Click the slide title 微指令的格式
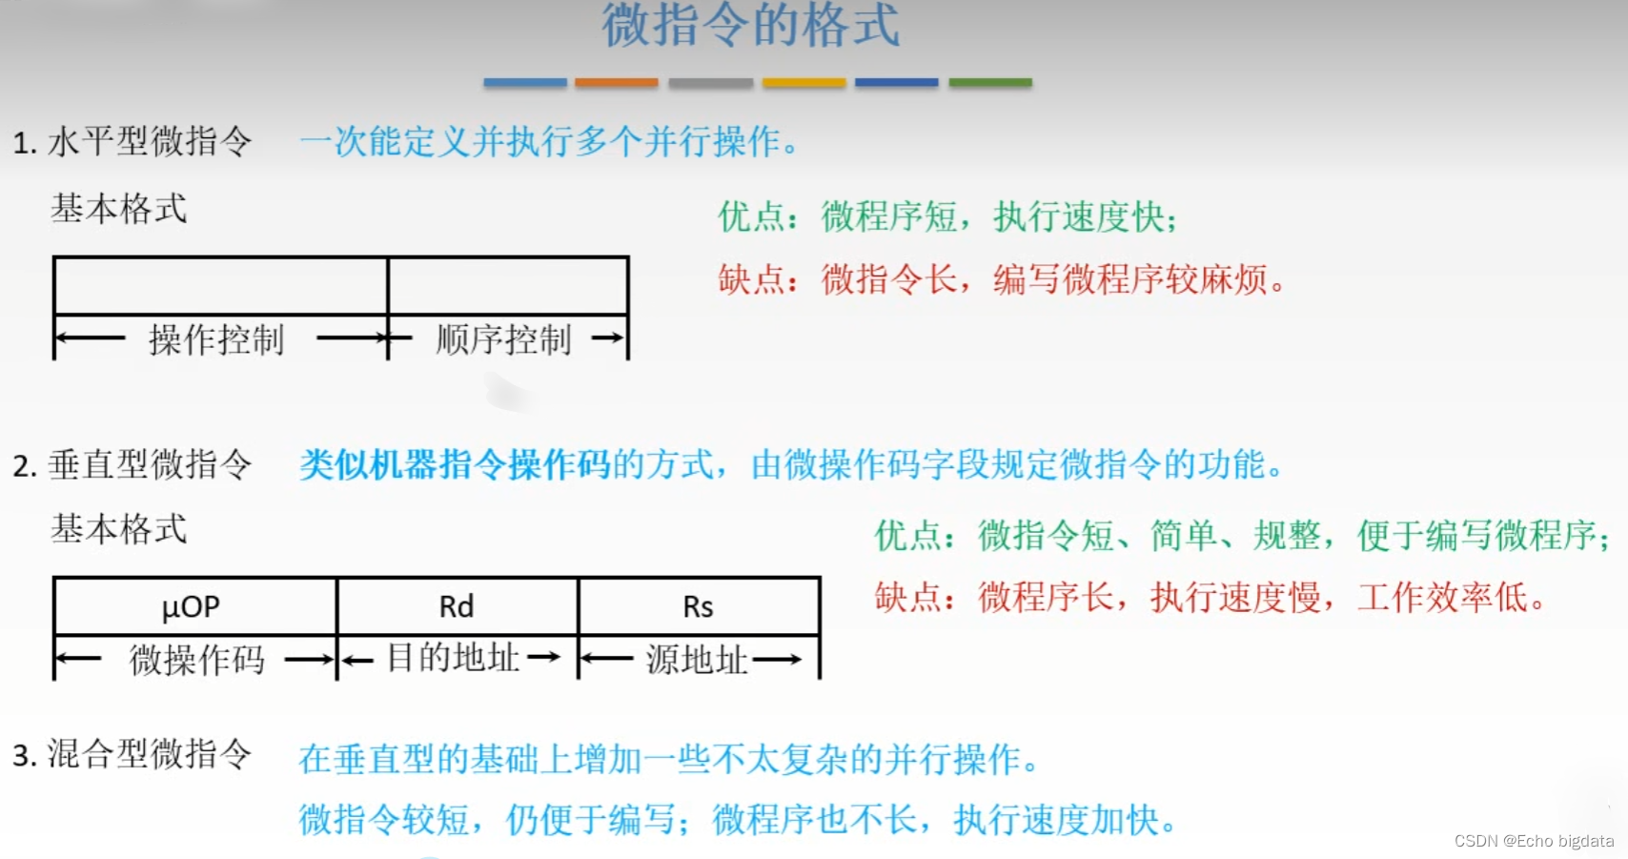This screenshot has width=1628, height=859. coord(750,25)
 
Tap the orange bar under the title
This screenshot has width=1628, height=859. coord(616,83)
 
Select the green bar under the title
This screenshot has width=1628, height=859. coord(990,83)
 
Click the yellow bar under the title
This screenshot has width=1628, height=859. coord(804,83)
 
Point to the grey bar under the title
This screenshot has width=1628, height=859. coord(710,83)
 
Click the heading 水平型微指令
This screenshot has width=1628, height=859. coord(150,142)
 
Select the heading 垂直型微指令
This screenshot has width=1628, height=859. coord(150,465)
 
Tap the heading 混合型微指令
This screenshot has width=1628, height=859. coord(150,754)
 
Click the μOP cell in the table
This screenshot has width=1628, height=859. coord(192,606)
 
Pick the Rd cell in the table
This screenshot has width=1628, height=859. coord(457,606)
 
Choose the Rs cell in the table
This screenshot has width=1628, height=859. coord(698,606)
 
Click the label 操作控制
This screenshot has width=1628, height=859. coord(216,339)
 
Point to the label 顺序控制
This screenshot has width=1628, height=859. coord(503,339)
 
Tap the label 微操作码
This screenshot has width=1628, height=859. coord(196,660)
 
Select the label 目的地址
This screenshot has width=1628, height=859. coord(453,658)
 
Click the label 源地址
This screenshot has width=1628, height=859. coord(696,660)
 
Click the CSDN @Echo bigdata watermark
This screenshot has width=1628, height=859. coord(1534,841)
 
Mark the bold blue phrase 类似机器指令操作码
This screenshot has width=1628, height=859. coord(455,465)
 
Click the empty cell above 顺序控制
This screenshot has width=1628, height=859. coord(508,285)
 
